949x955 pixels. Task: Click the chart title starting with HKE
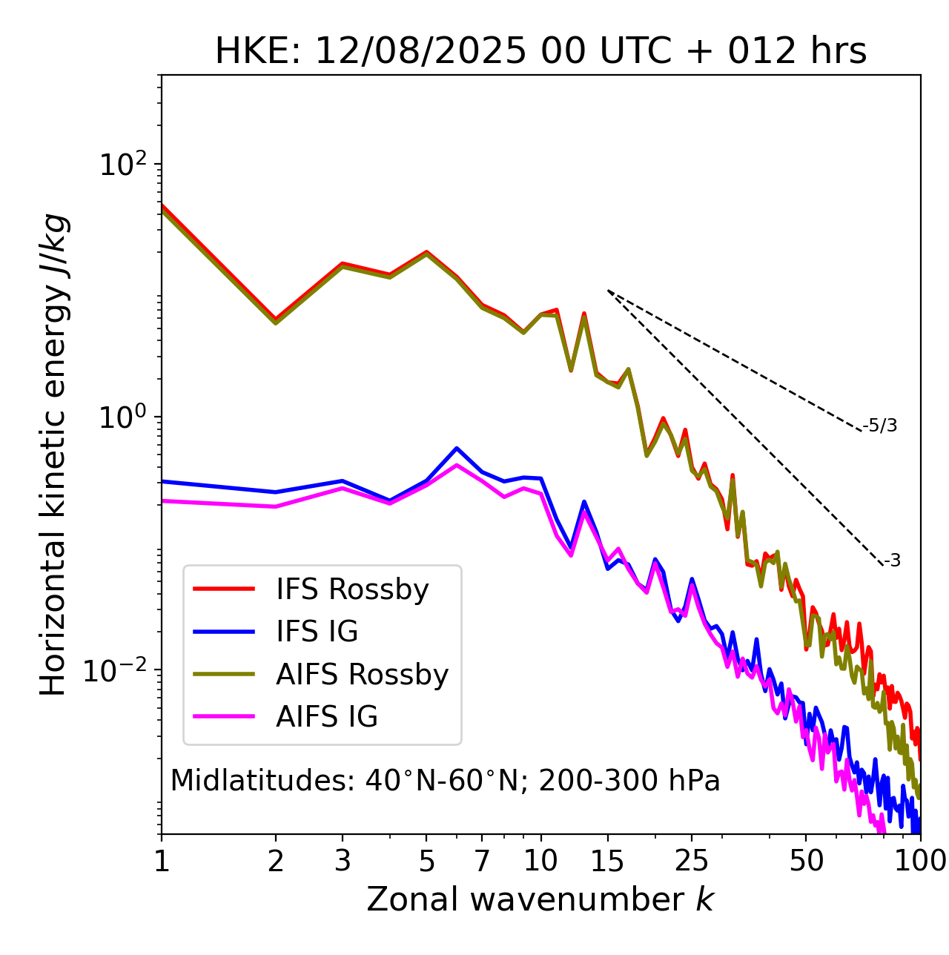[540, 52]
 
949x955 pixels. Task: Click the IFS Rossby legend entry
[352, 589]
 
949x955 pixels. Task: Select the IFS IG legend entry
[317, 632]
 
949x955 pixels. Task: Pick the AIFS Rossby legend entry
[362, 675]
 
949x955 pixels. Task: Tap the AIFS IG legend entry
[327, 717]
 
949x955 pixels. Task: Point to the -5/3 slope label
[880, 426]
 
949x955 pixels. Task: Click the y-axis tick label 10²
[122, 164]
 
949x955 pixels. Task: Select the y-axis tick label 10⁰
[122, 417]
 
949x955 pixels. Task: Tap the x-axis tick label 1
[162, 862]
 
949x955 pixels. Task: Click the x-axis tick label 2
[276, 862]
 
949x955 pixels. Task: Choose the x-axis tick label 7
[482, 862]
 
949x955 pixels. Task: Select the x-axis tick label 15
[608, 862]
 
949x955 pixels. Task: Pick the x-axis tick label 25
[692, 862]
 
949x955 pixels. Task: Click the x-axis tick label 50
[807, 862]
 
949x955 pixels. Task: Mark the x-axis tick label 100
[919, 862]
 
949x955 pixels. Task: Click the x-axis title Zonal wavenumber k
[540, 900]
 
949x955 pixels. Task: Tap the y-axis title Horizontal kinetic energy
[54, 455]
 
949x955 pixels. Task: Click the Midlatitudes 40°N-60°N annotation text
[445, 781]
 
